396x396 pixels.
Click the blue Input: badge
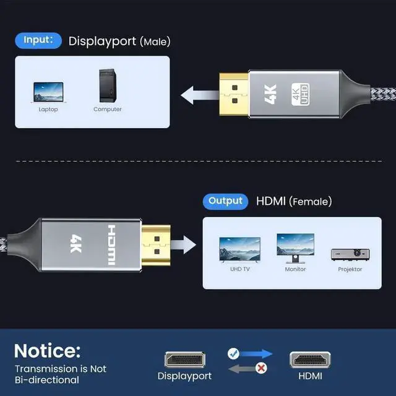tap(38, 41)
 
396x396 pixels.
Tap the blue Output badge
tap(226, 200)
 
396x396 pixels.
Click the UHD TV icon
tap(239, 249)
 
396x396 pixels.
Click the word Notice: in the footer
tap(47, 351)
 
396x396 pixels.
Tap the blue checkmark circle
tap(233, 353)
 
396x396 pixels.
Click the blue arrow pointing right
tap(256, 354)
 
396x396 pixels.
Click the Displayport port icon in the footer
tap(184, 359)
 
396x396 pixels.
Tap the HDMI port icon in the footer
tap(310, 359)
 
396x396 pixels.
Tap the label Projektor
tap(350, 269)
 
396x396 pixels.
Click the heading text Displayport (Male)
tap(119, 41)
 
